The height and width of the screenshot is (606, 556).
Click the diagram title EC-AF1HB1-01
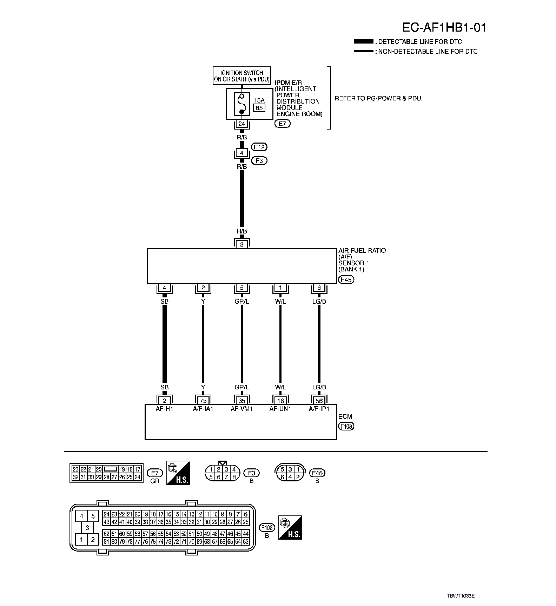(x=444, y=27)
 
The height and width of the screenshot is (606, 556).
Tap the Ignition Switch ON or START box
(x=242, y=76)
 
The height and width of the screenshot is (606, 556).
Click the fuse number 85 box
(x=259, y=108)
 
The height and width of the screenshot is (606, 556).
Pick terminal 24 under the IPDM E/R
(x=241, y=124)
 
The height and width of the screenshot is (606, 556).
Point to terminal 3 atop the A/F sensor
(x=241, y=244)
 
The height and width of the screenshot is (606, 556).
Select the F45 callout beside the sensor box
(x=346, y=280)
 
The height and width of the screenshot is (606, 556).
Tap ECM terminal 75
(x=203, y=401)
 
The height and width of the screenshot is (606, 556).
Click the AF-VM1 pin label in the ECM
(x=241, y=409)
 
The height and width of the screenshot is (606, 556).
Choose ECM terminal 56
(x=319, y=401)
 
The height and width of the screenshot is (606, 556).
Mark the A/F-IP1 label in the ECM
(x=319, y=409)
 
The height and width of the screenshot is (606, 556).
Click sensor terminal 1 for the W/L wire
(x=280, y=288)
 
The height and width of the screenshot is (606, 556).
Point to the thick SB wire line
(x=165, y=344)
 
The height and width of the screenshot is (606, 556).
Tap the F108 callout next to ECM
(x=346, y=426)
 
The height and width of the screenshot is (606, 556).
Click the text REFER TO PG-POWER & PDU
(x=378, y=98)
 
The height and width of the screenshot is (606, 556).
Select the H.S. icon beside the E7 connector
(x=178, y=473)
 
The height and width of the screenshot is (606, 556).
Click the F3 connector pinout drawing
(x=222, y=473)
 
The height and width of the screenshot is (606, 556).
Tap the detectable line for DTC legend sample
(x=363, y=41)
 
